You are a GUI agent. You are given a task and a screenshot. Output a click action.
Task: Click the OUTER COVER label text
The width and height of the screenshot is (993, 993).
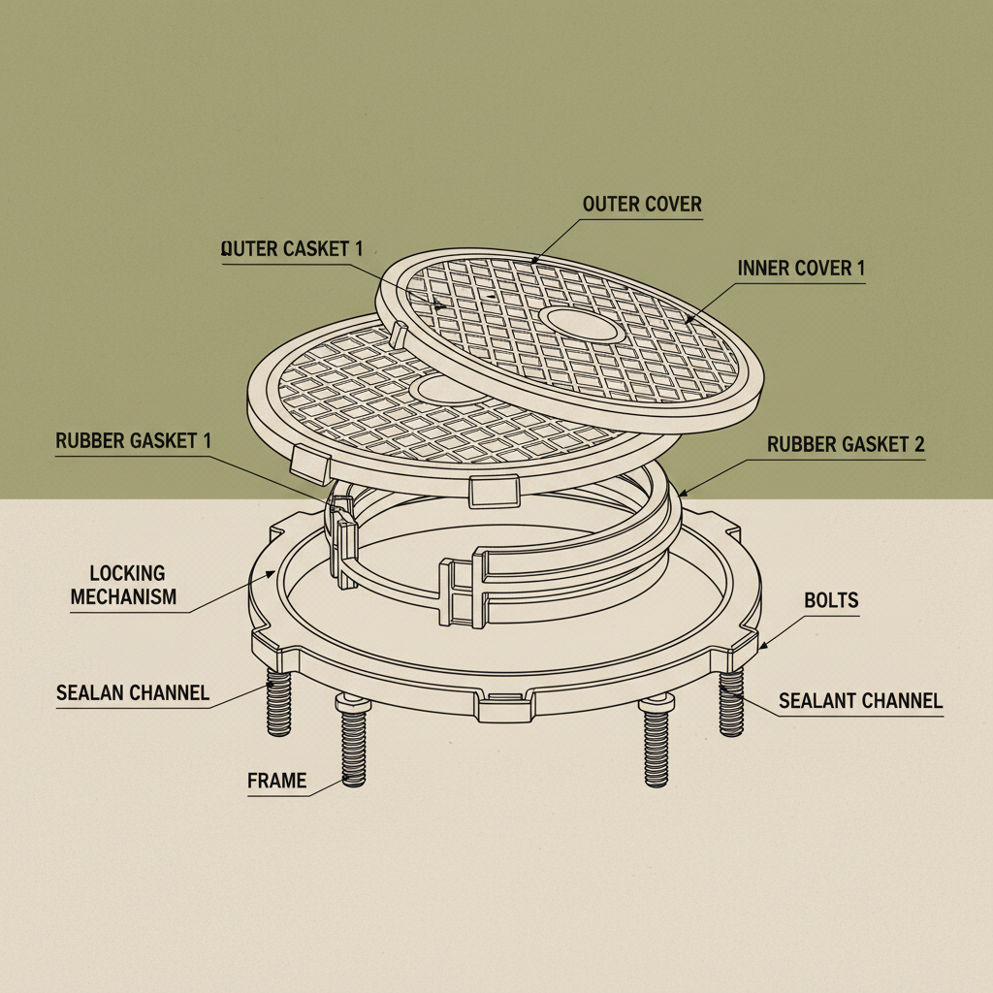click(x=642, y=205)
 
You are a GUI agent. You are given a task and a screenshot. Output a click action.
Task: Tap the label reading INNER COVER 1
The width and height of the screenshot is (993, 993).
click(x=801, y=269)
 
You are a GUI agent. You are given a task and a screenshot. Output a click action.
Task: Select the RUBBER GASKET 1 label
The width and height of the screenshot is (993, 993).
click(x=133, y=441)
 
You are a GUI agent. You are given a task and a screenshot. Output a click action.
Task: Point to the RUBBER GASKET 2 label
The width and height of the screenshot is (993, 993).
click(x=846, y=445)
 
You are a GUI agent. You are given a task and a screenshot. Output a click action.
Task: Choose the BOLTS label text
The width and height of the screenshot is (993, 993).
click(x=831, y=601)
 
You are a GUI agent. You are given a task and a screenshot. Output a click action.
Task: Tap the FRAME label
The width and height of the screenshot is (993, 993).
click(x=276, y=781)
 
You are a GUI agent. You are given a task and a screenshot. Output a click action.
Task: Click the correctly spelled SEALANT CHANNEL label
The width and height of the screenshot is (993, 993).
click(x=861, y=700)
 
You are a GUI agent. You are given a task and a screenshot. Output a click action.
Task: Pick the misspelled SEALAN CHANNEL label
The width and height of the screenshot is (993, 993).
click(x=133, y=692)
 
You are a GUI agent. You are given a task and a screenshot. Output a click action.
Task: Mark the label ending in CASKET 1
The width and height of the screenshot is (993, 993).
click(x=292, y=248)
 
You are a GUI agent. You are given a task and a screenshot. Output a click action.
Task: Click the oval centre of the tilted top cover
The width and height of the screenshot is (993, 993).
click(x=582, y=325)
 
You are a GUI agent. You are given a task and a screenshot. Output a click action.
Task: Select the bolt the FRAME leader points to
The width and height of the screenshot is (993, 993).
click(x=353, y=747)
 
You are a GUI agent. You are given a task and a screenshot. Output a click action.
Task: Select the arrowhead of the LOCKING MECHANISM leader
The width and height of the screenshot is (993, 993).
click(x=274, y=572)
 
